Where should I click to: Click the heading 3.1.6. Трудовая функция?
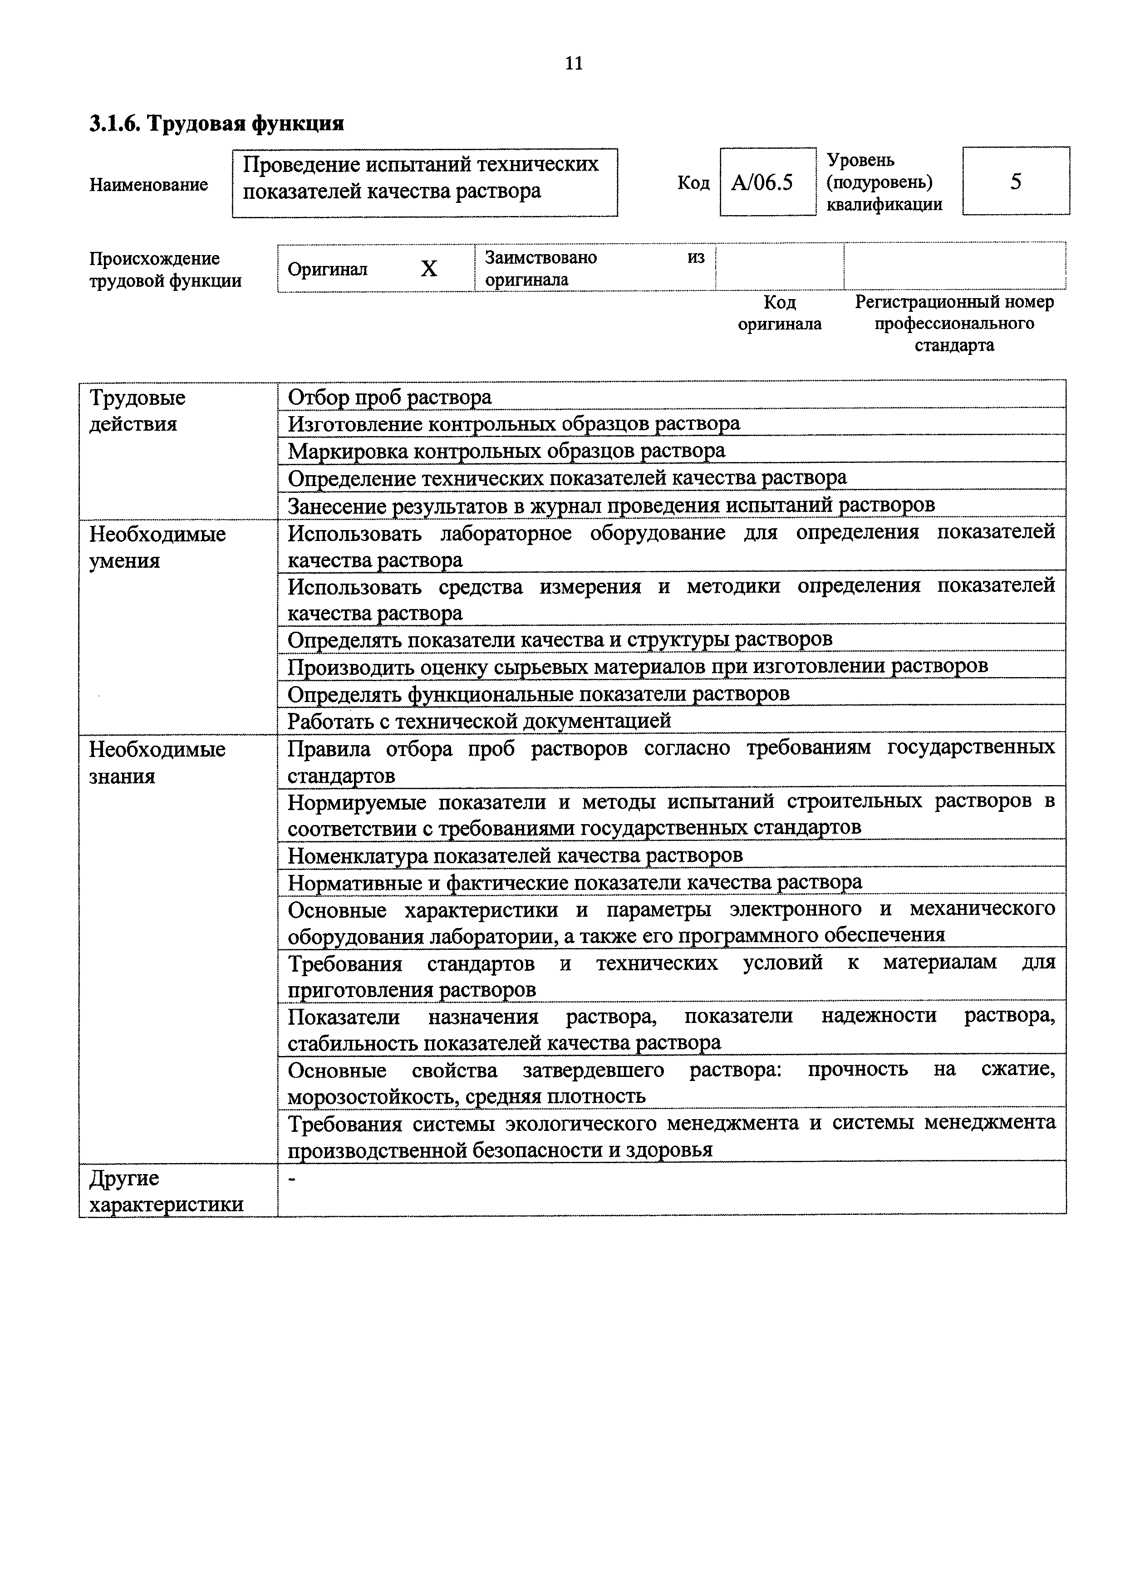(216, 123)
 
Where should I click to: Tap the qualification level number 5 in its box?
(1016, 182)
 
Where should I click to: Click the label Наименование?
(148, 184)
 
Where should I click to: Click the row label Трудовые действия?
(137, 411)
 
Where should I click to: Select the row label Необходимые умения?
(157, 546)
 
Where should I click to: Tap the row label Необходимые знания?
(157, 762)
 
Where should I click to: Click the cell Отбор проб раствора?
(389, 397)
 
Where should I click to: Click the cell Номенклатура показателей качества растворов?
(515, 855)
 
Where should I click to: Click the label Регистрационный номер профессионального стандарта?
(954, 323)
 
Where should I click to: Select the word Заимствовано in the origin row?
(540, 258)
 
